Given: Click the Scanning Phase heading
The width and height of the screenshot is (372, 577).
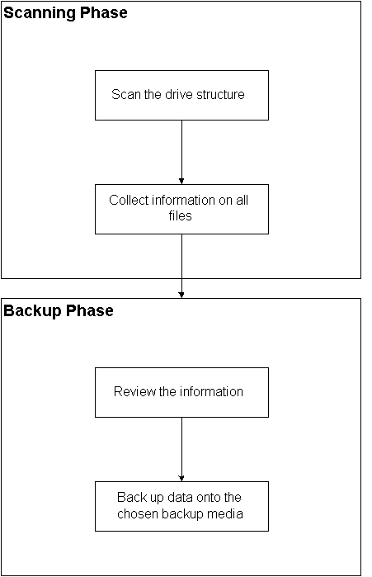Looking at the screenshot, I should pyautogui.click(x=66, y=13).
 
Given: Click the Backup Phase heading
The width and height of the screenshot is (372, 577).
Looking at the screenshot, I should pyautogui.click(x=59, y=311).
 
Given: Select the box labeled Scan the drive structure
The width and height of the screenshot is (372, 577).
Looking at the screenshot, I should pyautogui.click(x=181, y=95).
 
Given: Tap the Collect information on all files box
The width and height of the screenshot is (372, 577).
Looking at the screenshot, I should pyautogui.click(x=181, y=208).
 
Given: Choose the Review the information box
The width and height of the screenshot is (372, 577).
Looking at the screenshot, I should pyautogui.click(x=181, y=391).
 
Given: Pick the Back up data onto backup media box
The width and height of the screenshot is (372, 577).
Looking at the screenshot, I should pyautogui.click(x=181, y=505).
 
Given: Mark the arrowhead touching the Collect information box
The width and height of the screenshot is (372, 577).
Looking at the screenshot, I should pyautogui.click(x=181, y=180).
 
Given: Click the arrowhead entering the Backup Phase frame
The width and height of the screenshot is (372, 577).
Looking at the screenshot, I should pyautogui.click(x=181, y=294).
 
